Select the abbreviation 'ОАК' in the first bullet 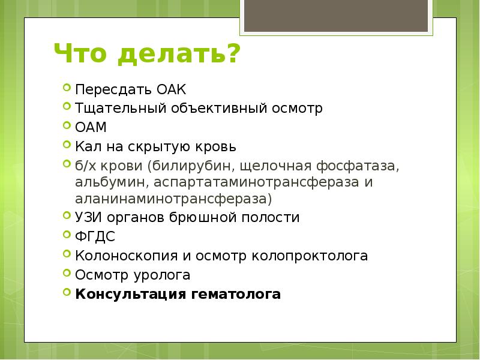pos(172,90)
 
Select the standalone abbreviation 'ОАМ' pos(90,127)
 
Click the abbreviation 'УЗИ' pos(88,217)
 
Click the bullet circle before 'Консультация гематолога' pos(66,292)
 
